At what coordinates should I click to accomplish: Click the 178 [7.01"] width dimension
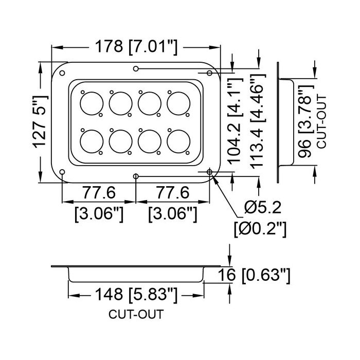coord(136,47)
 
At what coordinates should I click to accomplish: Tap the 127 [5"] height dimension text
coord(40,121)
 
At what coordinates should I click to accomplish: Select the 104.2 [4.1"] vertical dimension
coord(235,121)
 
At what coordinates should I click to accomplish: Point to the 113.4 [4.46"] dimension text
coord(258,121)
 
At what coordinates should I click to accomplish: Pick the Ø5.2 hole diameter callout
coord(263,208)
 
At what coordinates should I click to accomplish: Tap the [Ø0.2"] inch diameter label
coord(260,229)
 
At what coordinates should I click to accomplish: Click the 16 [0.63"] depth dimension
coord(254,275)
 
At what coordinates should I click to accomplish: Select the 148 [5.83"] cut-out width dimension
coord(136,294)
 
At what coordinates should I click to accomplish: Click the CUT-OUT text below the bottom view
coord(136,314)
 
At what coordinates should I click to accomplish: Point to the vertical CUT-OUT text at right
coord(321,122)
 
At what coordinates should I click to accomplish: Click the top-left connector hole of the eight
coord(92,103)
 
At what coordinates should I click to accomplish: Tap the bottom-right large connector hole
coord(178,141)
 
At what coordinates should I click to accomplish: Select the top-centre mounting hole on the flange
coord(136,68)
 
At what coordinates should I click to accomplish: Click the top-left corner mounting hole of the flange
coord(62,73)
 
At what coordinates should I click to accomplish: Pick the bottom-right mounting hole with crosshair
coord(209,172)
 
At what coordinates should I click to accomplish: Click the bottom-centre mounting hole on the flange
coord(136,176)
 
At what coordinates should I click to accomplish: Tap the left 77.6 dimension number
coord(99,193)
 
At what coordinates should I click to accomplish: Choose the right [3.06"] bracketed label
coord(173,214)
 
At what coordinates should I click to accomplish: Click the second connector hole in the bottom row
coord(120,141)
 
